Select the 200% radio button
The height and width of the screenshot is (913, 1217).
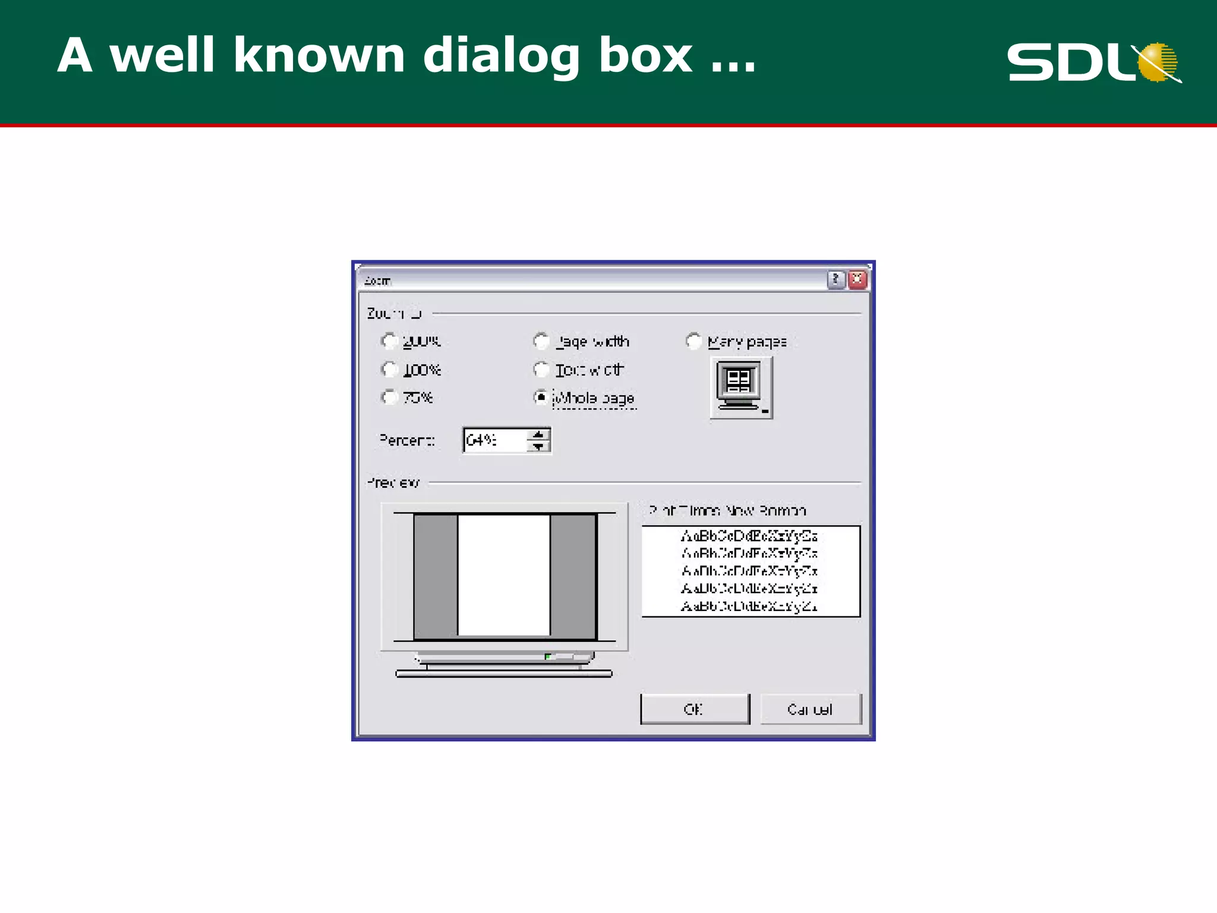pyautogui.click(x=389, y=341)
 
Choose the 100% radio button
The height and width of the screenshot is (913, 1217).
pyautogui.click(x=389, y=370)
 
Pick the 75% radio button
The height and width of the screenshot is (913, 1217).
pyautogui.click(x=389, y=397)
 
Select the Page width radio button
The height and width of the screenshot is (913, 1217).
pyautogui.click(x=541, y=341)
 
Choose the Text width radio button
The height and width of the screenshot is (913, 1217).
pyautogui.click(x=541, y=370)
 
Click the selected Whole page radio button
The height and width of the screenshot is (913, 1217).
pyautogui.click(x=541, y=397)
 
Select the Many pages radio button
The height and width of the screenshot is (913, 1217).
pyautogui.click(x=693, y=341)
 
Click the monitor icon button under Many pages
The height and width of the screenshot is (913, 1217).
pyautogui.click(x=741, y=388)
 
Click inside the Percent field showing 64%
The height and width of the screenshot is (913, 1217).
pyautogui.click(x=493, y=440)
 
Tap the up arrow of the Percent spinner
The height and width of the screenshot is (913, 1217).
pyautogui.click(x=538, y=435)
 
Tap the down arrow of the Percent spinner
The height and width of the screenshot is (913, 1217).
pyautogui.click(x=538, y=446)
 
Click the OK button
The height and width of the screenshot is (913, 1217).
pyautogui.click(x=695, y=709)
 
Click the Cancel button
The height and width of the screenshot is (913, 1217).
pyautogui.click(x=810, y=709)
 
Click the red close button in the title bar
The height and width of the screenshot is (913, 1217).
pyautogui.click(x=857, y=279)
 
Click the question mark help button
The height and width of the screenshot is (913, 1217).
pyautogui.click(x=835, y=279)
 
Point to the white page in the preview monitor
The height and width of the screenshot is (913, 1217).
pyautogui.click(x=504, y=575)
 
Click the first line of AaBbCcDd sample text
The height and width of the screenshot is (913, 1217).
pyautogui.click(x=749, y=536)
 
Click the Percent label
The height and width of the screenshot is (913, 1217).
pyautogui.click(x=407, y=440)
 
